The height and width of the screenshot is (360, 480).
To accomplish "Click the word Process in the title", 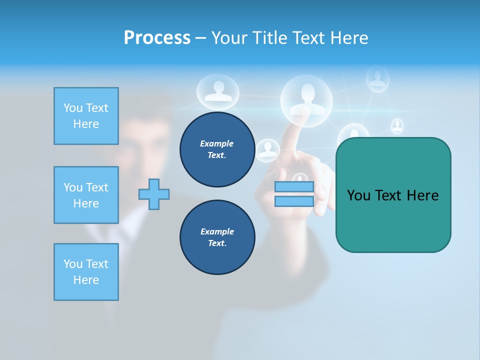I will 157,37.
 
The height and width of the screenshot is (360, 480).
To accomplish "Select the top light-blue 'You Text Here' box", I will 86,116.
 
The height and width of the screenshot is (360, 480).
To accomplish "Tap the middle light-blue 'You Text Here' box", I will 86,195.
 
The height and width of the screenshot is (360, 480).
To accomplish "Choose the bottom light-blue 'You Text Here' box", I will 86,272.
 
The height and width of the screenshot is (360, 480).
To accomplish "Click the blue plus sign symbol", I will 154,194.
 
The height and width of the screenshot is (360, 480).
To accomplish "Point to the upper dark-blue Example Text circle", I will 217,149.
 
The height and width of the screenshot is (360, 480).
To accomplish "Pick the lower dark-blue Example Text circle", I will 217,237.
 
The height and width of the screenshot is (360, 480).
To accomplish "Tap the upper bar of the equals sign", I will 294,187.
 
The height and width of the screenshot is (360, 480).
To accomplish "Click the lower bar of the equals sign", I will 294,201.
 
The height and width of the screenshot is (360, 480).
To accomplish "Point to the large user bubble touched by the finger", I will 306,98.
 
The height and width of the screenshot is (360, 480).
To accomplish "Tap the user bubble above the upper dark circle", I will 215,92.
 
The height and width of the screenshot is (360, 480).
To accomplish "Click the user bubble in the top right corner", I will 377,79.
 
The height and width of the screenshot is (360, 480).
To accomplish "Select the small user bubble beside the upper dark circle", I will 268,150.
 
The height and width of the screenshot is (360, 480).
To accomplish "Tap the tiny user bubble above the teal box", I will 397,126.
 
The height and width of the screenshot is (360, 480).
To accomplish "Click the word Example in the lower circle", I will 217,231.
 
